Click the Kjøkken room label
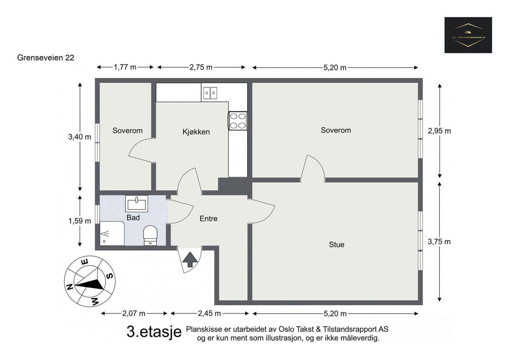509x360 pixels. click(x=196, y=132)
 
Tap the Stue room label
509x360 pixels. click(x=336, y=245)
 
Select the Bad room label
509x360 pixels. click(x=133, y=218)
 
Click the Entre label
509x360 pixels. click(x=208, y=218)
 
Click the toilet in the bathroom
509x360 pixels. click(x=150, y=236)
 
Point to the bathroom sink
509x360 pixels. click(x=136, y=204)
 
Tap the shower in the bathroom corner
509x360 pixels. click(x=112, y=234)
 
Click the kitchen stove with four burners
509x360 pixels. click(x=238, y=121)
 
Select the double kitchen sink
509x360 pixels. click(x=210, y=93)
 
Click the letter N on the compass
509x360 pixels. click(x=70, y=287)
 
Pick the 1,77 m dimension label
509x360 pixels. click(x=125, y=67)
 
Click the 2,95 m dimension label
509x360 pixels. click(x=439, y=131)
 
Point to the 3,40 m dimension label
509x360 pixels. click(x=80, y=137)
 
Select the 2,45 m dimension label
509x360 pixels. click(x=209, y=314)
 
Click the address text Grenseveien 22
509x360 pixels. click(x=45, y=58)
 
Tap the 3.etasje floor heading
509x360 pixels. click(x=154, y=332)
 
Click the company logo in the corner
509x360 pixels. click(x=468, y=35)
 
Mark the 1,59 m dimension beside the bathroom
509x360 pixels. click(x=80, y=221)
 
